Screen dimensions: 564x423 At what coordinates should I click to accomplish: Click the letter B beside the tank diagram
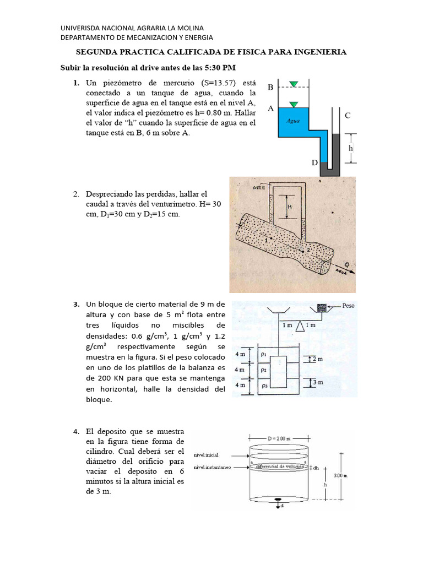(x=270, y=87)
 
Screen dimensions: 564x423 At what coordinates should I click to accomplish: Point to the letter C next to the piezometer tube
(x=348, y=115)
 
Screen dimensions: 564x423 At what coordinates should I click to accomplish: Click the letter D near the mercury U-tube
(x=314, y=163)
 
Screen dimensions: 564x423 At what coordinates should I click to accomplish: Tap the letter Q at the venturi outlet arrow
(x=345, y=263)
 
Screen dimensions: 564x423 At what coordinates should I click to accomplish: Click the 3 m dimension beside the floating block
(x=316, y=381)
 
